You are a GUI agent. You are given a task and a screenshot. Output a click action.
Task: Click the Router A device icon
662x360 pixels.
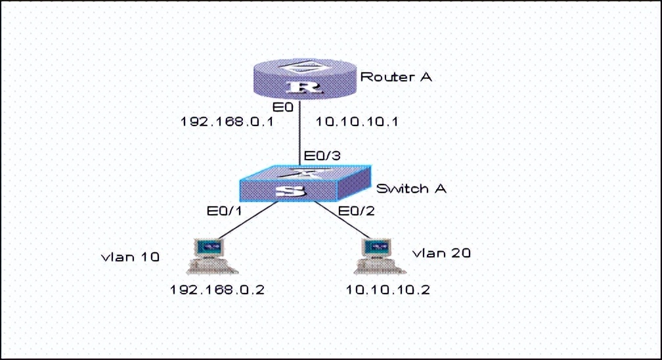pos(301,79)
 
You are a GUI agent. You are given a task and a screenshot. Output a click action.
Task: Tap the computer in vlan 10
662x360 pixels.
pos(210,256)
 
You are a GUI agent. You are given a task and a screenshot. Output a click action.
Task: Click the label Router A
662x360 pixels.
pos(396,77)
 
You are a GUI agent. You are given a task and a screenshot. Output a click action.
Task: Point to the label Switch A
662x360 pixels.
pos(411,189)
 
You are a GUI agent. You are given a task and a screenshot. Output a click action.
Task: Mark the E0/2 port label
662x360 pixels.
pos(355,210)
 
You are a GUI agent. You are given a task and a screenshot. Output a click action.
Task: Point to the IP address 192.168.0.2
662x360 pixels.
pos(217,290)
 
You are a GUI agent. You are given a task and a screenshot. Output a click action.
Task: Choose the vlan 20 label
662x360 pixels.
pos(441,253)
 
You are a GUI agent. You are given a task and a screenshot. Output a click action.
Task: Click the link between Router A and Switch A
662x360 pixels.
pos(301,131)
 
